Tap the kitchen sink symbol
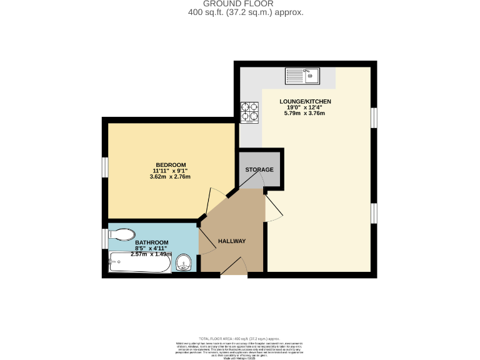point(302,76)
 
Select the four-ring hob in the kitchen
point(250,111)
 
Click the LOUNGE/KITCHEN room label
point(305,101)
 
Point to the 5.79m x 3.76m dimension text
point(305,113)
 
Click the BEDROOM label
point(171,165)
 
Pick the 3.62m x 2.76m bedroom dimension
point(170,177)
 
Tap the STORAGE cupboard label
point(259,169)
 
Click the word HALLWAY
point(232,241)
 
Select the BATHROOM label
point(152,242)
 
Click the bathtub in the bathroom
point(139,264)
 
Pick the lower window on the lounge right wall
point(374,213)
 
